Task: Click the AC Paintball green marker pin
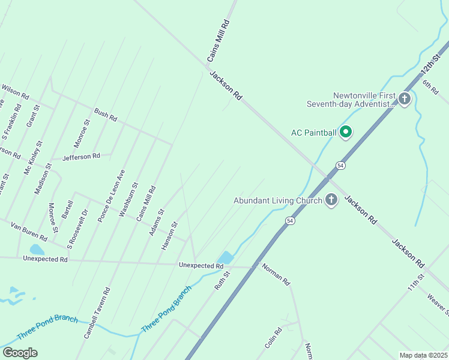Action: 346,131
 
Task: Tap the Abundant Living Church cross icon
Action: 331,200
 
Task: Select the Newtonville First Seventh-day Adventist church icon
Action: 405,98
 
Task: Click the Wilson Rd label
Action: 15,91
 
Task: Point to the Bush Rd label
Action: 105,115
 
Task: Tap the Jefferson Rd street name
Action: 81,157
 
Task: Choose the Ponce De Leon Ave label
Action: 112,196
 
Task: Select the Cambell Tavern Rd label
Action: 97,313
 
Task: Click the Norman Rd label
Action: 276,273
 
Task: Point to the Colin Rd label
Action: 273,339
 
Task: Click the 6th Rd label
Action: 430,87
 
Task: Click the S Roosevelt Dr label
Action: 78,229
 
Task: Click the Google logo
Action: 20,352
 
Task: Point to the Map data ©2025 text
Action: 423,355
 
